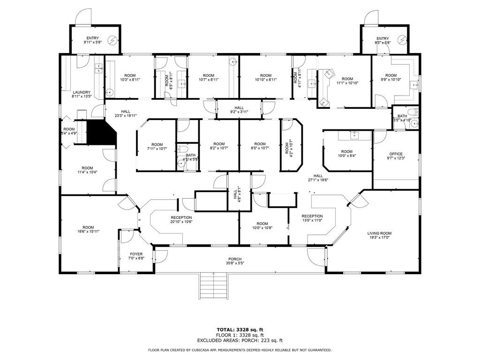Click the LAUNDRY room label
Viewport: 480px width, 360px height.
(x=82, y=92)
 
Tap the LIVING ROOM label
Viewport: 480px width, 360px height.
(x=379, y=233)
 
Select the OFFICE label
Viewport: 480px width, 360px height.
(x=396, y=154)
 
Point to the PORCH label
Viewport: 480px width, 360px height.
(x=235, y=259)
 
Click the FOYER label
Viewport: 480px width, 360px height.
(x=136, y=254)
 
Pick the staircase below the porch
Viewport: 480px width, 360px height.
(x=214, y=287)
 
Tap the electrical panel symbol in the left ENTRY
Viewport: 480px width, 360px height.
(x=113, y=40)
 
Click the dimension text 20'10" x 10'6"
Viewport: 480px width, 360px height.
(x=181, y=222)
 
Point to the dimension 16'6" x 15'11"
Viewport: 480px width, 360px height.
(x=88, y=232)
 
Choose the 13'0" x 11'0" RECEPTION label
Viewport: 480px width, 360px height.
(x=312, y=218)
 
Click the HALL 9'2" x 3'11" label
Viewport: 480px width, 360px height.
(x=239, y=110)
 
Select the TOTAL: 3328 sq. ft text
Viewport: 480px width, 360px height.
(x=240, y=330)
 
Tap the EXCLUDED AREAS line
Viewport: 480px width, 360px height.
(x=240, y=340)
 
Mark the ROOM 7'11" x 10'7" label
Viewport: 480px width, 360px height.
(x=157, y=147)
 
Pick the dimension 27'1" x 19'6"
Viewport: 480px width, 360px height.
(x=318, y=180)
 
